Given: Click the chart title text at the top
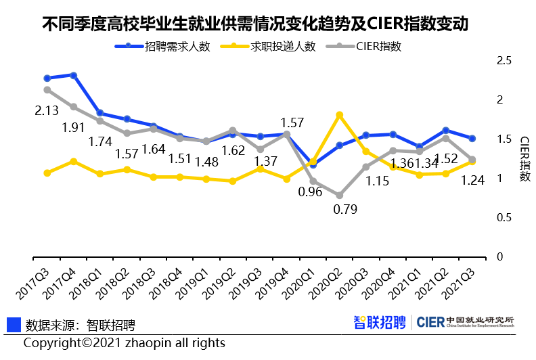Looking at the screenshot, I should pyautogui.click(x=255, y=25).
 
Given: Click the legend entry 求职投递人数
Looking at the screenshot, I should pyautogui.click(x=275, y=47).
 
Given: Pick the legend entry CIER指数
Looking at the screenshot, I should pyautogui.click(x=369, y=47).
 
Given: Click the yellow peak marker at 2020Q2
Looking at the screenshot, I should pyautogui.click(x=340, y=115).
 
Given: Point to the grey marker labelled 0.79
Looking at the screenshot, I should pyautogui.click(x=340, y=195).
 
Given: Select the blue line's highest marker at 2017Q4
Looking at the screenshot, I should pyautogui.click(x=74, y=75).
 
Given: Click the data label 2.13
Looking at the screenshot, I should pyautogui.click(x=47, y=111).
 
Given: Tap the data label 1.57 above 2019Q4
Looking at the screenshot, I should pyautogui.click(x=292, y=122).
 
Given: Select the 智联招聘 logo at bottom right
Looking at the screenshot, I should pyautogui.click(x=380, y=322).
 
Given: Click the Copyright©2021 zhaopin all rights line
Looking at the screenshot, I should pyautogui.click(x=125, y=343).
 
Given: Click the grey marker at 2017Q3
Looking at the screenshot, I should pyautogui.click(x=47, y=89).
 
